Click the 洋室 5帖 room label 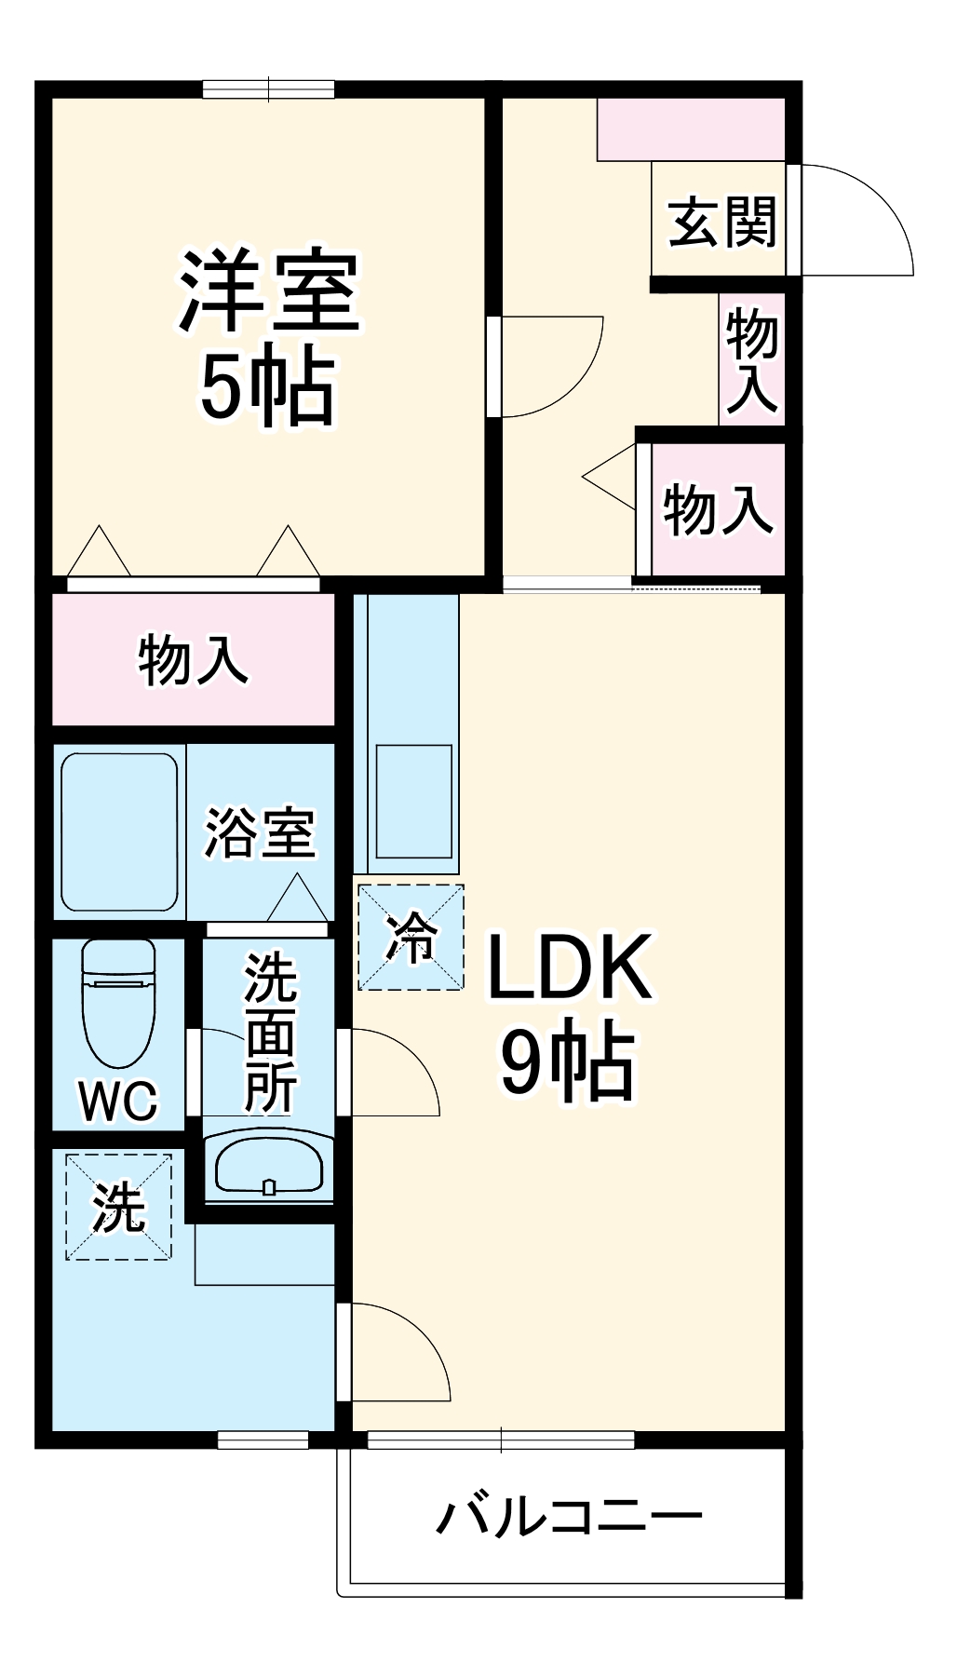(268, 337)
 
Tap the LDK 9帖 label (569, 1015)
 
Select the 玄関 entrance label (721, 223)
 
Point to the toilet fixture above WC (118, 1002)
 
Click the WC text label (118, 1102)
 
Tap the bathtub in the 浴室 (119, 832)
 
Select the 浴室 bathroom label (260, 831)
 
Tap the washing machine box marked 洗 (118, 1208)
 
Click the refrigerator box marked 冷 (411, 937)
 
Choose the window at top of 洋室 (268, 89)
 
